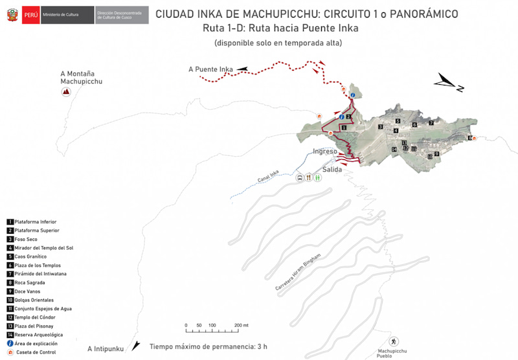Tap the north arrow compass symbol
pyautogui.click(x=449, y=82)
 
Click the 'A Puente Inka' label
pyautogui.click(x=210, y=69)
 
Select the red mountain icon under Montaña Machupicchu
pyautogui.click(x=65, y=93)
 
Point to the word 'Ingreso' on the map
pyautogui.click(x=325, y=152)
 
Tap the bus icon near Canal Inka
pyautogui.click(x=300, y=177)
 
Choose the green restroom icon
pyautogui.click(x=318, y=177)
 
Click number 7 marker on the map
pyautogui.click(x=431, y=123)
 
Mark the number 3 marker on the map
pyautogui.click(x=380, y=127)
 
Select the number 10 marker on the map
pyautogui.click(x=429, y=157)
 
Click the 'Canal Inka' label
pyautogui.click(x=267, y=177)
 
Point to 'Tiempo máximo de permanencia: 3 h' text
pyautogui.click(x=208, y=346)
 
